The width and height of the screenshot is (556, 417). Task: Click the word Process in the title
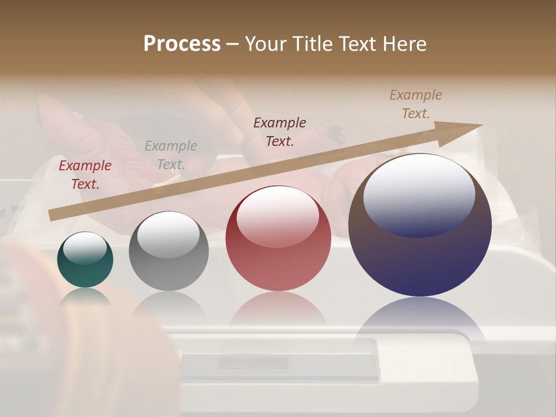pos(182,43)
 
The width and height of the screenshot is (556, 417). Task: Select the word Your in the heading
pos(266,43)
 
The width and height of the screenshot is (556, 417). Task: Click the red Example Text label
pos(85,175)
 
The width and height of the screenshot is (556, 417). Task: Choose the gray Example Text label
pos(171,155)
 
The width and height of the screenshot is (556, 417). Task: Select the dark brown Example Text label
pos(280,131)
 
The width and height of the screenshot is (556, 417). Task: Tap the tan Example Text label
pos(416,104)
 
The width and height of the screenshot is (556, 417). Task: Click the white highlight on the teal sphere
pos(85,248)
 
